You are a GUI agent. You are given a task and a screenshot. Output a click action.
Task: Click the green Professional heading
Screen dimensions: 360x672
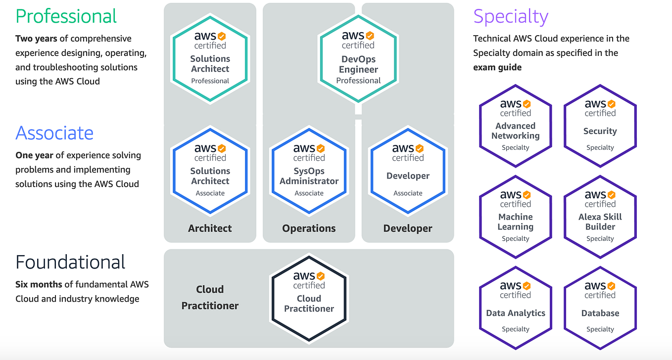(x=66, y=16)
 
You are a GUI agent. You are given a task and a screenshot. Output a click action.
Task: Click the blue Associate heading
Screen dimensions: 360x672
(x=54, y=133)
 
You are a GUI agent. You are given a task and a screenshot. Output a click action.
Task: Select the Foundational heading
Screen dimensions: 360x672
(x=70, y=262)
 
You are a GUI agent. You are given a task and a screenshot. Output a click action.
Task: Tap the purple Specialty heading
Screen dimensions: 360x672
(x=510, y=16)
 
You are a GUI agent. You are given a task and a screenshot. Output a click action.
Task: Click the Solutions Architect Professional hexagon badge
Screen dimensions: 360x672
(x=210, y=59)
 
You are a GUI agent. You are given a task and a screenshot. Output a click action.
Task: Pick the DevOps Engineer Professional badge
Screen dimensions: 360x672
(x=358, y=59)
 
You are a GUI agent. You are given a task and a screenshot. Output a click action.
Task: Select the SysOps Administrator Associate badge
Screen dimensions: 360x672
(x=309, y=171)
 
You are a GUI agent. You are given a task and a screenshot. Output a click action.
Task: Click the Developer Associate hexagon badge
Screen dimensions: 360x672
(x=408, y=171)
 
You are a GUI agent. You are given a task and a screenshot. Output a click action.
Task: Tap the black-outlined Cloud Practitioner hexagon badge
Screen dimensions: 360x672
(x=309, y=298)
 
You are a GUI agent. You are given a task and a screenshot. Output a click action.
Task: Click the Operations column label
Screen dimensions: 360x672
(x=309, y=228)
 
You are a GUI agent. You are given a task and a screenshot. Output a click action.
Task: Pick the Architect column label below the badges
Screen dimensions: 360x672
(x=210, y=228)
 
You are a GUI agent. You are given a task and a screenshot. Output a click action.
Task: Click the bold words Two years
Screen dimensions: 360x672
(x=36, y=39)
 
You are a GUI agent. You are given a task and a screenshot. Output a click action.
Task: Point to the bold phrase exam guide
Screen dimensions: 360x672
(x=497, y=67)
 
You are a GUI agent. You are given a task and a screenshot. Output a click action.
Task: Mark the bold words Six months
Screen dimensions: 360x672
(x=39, y=284)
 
